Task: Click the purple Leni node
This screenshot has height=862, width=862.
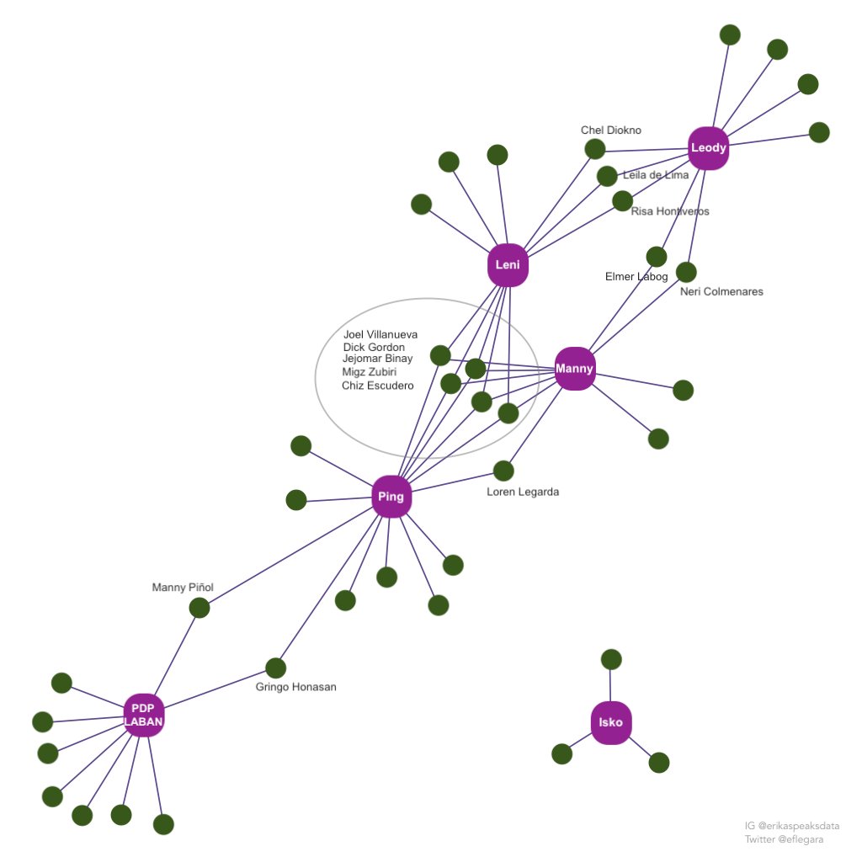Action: click(508, 265)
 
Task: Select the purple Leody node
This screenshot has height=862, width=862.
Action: click(708, 149)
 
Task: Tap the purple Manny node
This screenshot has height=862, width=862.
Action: click(575, 369)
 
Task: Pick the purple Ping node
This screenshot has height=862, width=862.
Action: click(391, 497)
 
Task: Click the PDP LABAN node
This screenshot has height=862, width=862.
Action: click(144, 716)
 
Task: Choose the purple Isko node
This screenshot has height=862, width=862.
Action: click(611, 722)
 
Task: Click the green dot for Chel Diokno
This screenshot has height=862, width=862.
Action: click(595, 149)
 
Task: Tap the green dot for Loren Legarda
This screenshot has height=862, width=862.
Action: click(503, 471)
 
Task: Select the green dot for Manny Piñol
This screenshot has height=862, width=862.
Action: click(200, 608)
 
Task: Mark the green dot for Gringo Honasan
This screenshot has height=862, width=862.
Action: click(276, 668)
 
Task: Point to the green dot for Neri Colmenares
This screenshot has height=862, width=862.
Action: click(686, 272)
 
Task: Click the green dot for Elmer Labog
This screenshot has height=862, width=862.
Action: click(656, 256)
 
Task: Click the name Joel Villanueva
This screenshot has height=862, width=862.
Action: click(380, 334)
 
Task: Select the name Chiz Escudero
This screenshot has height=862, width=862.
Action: click(378, 386)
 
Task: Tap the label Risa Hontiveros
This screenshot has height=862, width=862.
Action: click(670, 211)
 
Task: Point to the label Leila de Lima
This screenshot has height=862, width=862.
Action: click(656, 175)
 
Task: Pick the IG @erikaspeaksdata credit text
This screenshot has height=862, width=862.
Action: click(791, 826)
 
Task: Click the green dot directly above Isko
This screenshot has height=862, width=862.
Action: click(612, 659)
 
